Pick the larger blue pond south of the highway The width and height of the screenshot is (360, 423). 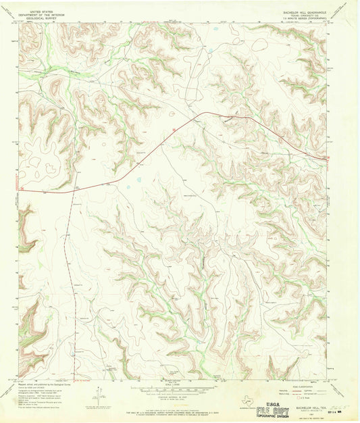coord(138,179)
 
